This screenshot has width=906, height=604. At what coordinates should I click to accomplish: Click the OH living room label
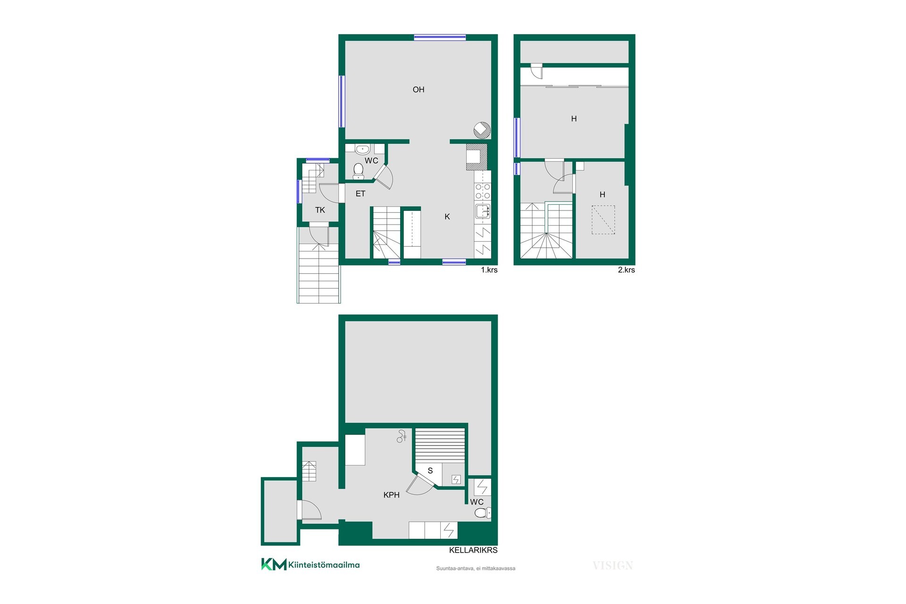pyautogui.click(x=419, y=90)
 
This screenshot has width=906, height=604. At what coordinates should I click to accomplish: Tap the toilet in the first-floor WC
pyautogui.click(x=358, y=171)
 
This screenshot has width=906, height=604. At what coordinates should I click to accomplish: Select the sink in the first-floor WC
pyautogui.click(x=362, y=149)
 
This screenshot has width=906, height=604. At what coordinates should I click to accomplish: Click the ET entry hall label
pyautogui.click(x=361, y=193)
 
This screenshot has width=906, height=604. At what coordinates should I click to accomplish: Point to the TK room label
pyautogui.click(x=320, y=210)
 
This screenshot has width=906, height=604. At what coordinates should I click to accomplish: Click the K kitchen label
pyautogui.click(x=447, y=217)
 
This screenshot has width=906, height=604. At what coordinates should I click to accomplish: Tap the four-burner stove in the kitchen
pyautogui.click(x=483, y=191)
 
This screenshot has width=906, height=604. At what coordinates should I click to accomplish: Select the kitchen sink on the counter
pyautogui.click(x=483, y=211)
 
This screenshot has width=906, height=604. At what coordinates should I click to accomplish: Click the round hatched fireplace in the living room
pyautogui.click(x=482, y=130)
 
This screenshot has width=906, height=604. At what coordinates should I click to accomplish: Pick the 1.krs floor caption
pyautogui.click(x=489, y=270)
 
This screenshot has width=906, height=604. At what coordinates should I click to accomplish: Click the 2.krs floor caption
pyautogui.click(x=626, y=270)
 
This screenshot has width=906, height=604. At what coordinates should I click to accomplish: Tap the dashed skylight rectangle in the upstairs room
pyautogui.click(x=604, y=220)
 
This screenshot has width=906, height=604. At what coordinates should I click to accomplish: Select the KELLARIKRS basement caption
pyautogui.click(x=473, y=550)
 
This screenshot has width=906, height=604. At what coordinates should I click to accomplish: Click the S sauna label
pyautogui.click(x=430, y=470)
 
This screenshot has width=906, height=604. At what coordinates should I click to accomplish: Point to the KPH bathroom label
pyautogui.click(x=392, y=495)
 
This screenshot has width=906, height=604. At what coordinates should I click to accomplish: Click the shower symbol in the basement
pyautogui.click(x=402, y=436)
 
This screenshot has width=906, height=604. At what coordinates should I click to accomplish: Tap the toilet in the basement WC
pyautogui.click(x=482, y=513)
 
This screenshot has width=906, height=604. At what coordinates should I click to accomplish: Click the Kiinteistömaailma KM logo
pyautogui.click(x=310, y=564)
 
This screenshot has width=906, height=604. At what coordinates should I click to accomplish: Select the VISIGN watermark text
pyautogui.click(x=612, y=565)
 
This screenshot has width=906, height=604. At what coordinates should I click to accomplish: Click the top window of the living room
pyautogui.click(x=440, y=37)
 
